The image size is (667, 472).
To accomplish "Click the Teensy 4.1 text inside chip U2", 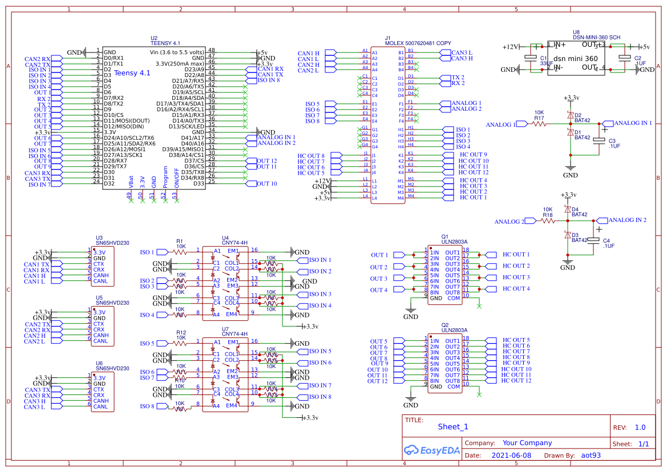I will pyautogui.click(x=132, y=73).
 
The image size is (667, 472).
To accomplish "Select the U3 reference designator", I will pyautogui.click(x=99, y=237).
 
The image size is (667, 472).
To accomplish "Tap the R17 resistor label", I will pyautogui.click(x=539, y=118).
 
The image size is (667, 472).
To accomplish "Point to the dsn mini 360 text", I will pyautogui.click(x=576, y=58).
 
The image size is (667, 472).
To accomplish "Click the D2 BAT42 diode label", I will pyautogui.click(x=581, y=118).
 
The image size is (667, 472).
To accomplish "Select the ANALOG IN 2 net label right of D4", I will pyautogui.click(x=627, y=220).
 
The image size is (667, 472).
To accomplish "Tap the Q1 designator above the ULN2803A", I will pyautogui.click(x=445, y=236).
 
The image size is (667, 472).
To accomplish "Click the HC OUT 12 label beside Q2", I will pyautogui.click(x=516, y=381).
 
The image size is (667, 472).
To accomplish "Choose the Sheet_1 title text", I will pyautogui.click(x=453, y=427).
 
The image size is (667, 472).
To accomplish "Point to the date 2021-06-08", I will pyautogui.click(x=511, y=455).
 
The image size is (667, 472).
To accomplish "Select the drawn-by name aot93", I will pyautogui.click(x=591, y=455).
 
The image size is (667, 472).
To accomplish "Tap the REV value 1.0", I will pyautogui.click(x=640, y=427).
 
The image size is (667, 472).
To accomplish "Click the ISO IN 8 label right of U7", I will pyautogui.click(x=320, y=397).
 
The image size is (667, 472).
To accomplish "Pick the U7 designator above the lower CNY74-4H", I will pyautogui.click(x=225, y=329).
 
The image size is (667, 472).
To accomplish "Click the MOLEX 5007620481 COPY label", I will pyautogui.click(x=418, y=43).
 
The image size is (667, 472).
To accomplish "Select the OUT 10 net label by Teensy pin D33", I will pyautogui.click(x=266, y=184).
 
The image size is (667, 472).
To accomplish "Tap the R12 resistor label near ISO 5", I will pyautogui.click(x=181, y=332).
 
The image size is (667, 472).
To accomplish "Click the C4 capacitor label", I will pyautogui.click(x=606, y=240).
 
